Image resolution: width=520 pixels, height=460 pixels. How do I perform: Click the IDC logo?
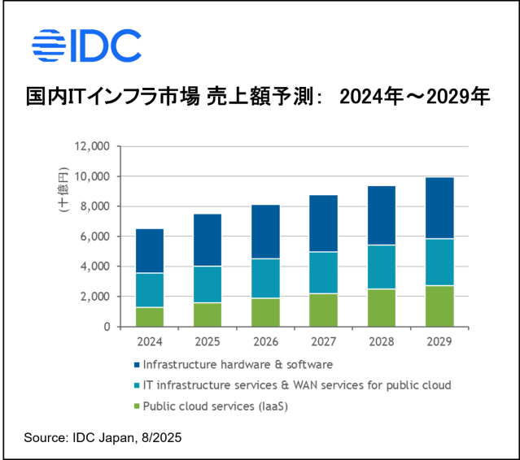(85, 46)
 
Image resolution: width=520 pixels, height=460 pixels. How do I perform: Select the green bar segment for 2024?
(150, 317)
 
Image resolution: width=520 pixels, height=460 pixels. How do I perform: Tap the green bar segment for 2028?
(382, 308)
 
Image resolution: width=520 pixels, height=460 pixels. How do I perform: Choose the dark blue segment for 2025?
(208, 240)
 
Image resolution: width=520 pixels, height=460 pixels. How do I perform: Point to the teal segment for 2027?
(324, 273)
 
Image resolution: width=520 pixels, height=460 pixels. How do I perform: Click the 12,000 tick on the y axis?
(91, 146)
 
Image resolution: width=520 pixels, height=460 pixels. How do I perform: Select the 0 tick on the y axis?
(107, 327)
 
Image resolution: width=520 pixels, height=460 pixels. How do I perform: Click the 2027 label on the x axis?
(324, 341)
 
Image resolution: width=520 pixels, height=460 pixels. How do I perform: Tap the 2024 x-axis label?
(150, 341)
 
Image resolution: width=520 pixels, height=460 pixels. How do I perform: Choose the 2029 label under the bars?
(440, 341)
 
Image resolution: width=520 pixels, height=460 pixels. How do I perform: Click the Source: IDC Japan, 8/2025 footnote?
(103, 438)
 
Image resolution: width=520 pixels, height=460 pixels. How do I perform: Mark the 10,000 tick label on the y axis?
(91, 176)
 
